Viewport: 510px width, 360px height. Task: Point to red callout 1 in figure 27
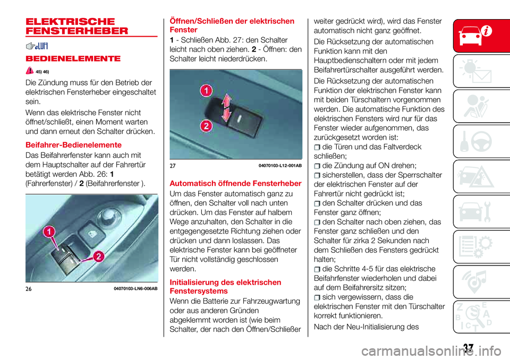click(203, 92)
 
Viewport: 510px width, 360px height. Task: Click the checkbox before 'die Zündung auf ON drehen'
click(317, 166)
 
